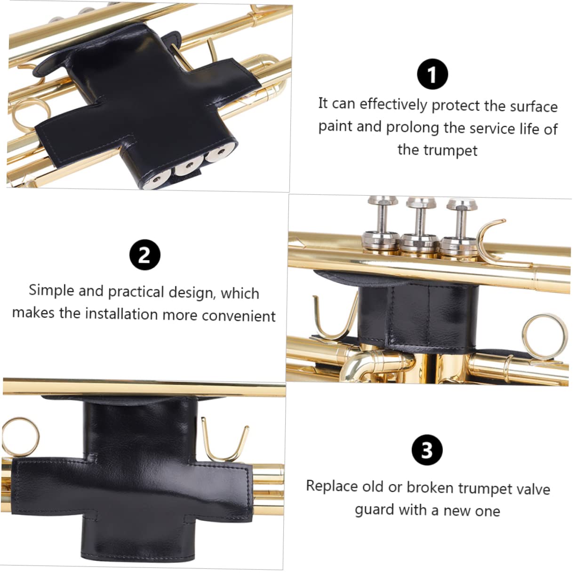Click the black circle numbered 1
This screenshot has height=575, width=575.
tap(432, 74)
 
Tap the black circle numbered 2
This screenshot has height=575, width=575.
tap(144, 255)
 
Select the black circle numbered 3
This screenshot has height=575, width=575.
tap(427, 450)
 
